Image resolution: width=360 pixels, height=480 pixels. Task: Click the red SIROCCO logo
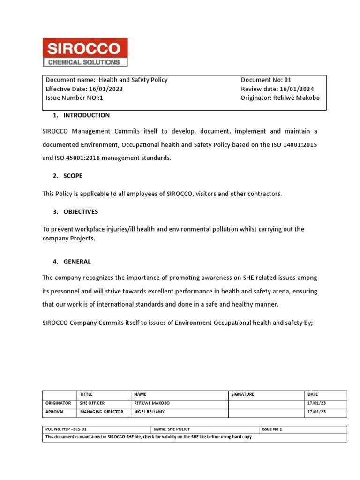coord(85,52)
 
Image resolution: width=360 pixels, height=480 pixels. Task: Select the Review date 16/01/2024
coord(297,89)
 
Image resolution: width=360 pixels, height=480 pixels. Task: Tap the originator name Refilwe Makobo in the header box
coord(296,98)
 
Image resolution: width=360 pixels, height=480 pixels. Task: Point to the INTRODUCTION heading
coord(86,115)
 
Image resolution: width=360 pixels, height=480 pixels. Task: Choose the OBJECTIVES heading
coord(81,212)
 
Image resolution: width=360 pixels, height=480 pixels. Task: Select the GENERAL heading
coord(77,262)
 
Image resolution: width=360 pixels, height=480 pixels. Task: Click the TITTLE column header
coord(87,395)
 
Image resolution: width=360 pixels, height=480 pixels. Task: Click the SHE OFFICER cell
coord(92,403)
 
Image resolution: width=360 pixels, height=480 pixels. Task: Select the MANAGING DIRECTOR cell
coord(101,412)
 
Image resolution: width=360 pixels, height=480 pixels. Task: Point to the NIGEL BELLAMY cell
coord(150,412)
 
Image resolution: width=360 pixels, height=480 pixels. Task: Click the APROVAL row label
coord(54,412)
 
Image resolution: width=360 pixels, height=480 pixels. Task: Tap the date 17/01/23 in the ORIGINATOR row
coord(316,403)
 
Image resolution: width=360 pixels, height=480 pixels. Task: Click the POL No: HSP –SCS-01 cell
coord(66,429)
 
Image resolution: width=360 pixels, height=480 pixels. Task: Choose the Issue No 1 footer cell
coord(272,429)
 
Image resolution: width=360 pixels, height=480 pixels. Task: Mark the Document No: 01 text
coord(266,80)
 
